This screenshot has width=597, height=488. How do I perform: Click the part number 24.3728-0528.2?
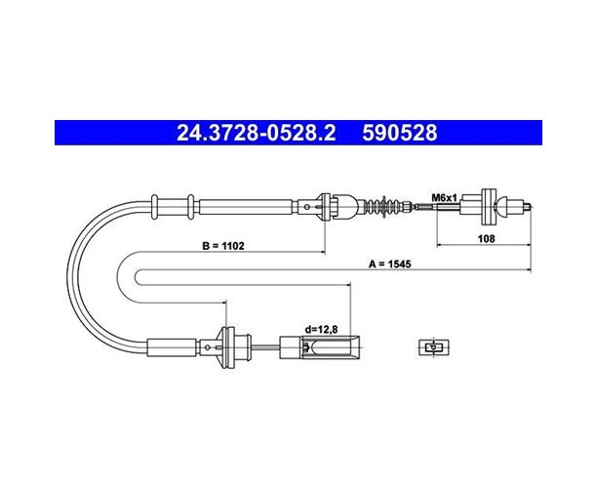tap(257, 133)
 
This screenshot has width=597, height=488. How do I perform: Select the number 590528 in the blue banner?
tap(399, 133)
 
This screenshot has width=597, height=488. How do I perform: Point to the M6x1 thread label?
tap(444, 198)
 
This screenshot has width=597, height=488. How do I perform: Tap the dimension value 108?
tap(486, 238)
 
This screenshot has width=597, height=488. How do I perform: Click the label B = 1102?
tap(223, 246)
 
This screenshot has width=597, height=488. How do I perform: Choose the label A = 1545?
tap(390, 264)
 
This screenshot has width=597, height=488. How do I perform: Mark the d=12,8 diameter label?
tap(321, 329)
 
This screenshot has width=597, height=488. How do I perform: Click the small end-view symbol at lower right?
tap(434, 347)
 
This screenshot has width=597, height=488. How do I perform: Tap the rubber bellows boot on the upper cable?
tap(382, 208)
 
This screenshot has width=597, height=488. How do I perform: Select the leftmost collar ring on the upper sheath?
tap(154, 207)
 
